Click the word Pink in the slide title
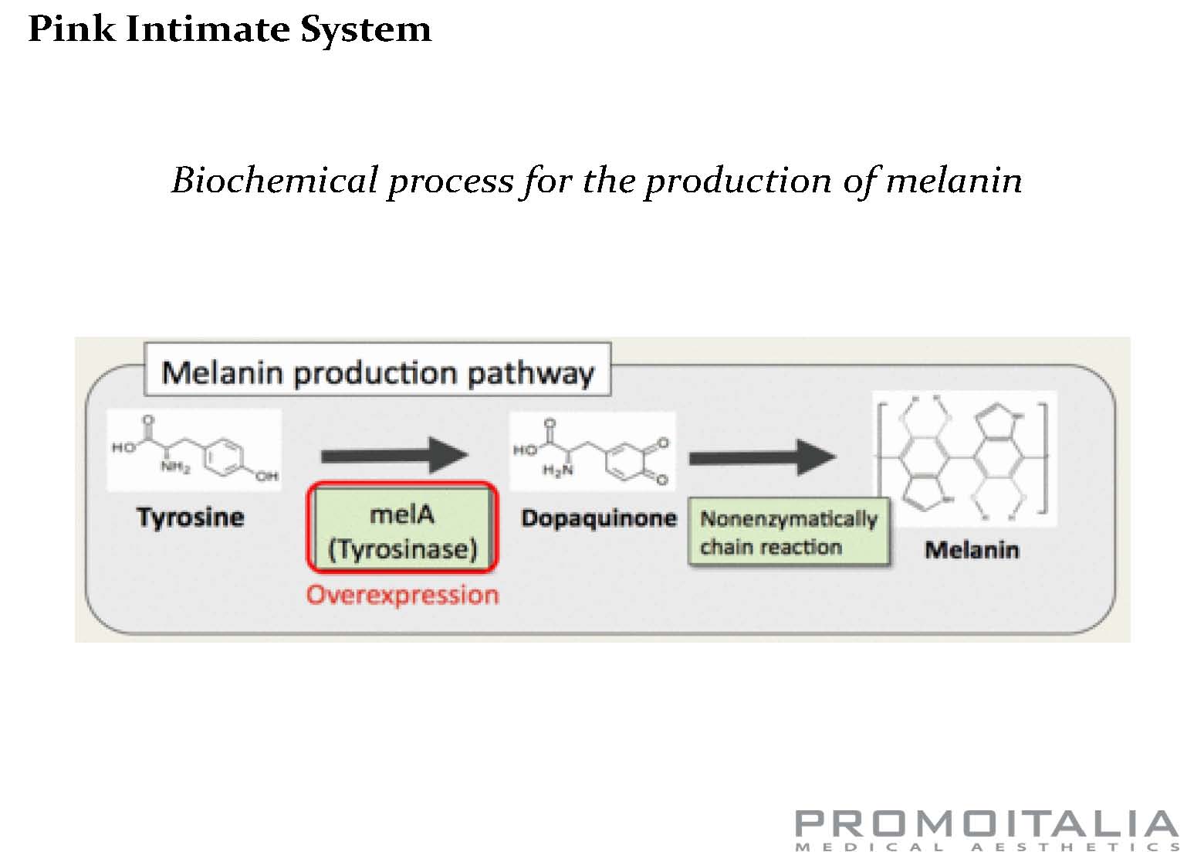pyautogui.click(x=71, y=29)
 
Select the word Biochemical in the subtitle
pyautogui.click(x=274, y=181)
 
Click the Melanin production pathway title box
pyautogui.click(x=377, y=372)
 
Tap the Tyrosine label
pyautogui.click(x=190, y=517)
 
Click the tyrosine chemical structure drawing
pyautogui.click(x=194, y=450)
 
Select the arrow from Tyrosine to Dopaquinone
pyautogui.click(x=394, y=455)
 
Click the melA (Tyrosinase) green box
pyautogui.click(x=402, y=531)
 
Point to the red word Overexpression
pyautogui.click(x=402, y=595)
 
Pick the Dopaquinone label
pyautogui.click(x=598, y=518)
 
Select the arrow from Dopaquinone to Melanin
pyautogui.click(x=762, y=457)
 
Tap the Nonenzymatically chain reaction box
pyautogui.click(x=788, y=533)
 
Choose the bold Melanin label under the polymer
pyautogui.click(x=972, y=550)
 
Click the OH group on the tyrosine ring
pyautogui.click(x=266, y=477)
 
